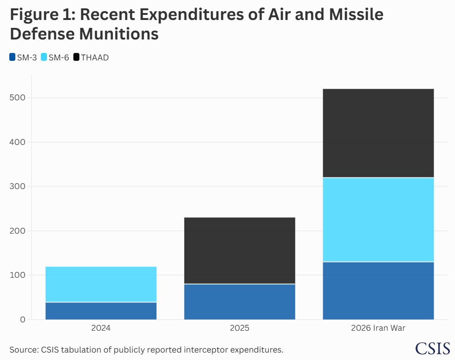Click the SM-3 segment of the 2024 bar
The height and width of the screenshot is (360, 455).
[101, 311]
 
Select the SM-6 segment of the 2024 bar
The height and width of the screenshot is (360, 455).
[101, 284]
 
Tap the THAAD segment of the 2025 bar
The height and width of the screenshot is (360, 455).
[240, 250]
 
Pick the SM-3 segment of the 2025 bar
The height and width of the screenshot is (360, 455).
[240, 302]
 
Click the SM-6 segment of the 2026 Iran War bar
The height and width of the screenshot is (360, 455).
[378, 220]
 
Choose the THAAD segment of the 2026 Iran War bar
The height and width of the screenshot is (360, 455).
[378, 133]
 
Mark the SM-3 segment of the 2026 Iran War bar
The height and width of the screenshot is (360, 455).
[378, 291]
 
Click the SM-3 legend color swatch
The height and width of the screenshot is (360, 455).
[12, 57]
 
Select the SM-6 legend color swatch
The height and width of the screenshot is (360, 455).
[44, 57]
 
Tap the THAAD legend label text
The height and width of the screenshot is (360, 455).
[95, 58]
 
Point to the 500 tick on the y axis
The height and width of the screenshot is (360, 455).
[18, 98]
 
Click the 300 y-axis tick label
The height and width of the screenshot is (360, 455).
[18, 186]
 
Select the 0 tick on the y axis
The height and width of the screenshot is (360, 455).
[23, 320]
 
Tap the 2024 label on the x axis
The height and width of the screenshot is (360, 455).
[101, 328]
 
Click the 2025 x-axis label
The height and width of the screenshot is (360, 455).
[240, 328]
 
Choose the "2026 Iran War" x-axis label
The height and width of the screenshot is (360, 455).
[378, 328]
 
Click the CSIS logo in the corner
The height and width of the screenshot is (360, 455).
[432, 348]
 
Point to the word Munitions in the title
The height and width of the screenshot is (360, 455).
[119, 33]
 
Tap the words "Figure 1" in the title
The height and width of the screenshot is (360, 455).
[43, 14]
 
